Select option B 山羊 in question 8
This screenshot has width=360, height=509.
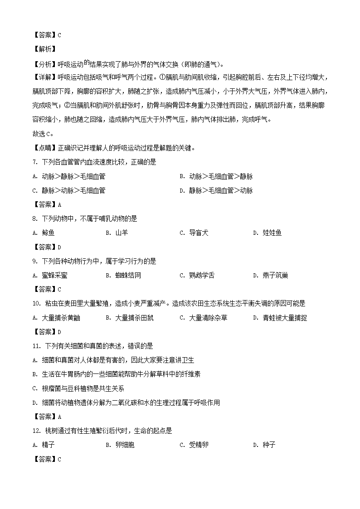(117, 233)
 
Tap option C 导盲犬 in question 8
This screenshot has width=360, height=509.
(194, 233)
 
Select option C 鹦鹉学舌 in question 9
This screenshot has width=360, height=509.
(197, 275)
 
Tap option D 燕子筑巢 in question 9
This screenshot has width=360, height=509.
(271, 275)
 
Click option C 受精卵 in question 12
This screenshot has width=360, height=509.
(194, 445)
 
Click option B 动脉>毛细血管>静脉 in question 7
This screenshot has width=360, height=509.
(216, 176)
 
